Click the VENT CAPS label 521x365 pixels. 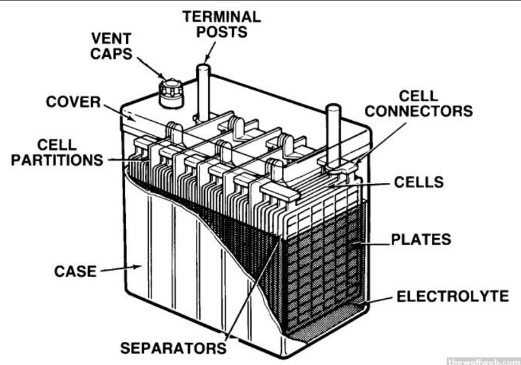[x=111, y=46]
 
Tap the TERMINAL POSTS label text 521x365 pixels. [x=222, y=24]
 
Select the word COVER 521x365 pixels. [x=73, y=102]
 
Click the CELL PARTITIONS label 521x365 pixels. [x=57, y=152]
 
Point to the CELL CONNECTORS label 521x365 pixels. [x=419, y=103]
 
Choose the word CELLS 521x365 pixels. [x=419, y=182]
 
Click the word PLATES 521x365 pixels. [x=421, y=239]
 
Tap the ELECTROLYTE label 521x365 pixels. [x=453, y=296]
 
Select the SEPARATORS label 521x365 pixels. [x=173, y=348]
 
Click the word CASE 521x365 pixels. [x=75, y=271]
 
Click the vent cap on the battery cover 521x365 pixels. [x=171, y=93]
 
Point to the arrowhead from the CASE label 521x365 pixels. [x=138, y=267]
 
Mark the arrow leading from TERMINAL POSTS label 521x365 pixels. [x=210, y=52]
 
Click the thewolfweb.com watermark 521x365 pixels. [x=484, y=361]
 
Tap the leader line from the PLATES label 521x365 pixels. [x=372, y=244]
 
